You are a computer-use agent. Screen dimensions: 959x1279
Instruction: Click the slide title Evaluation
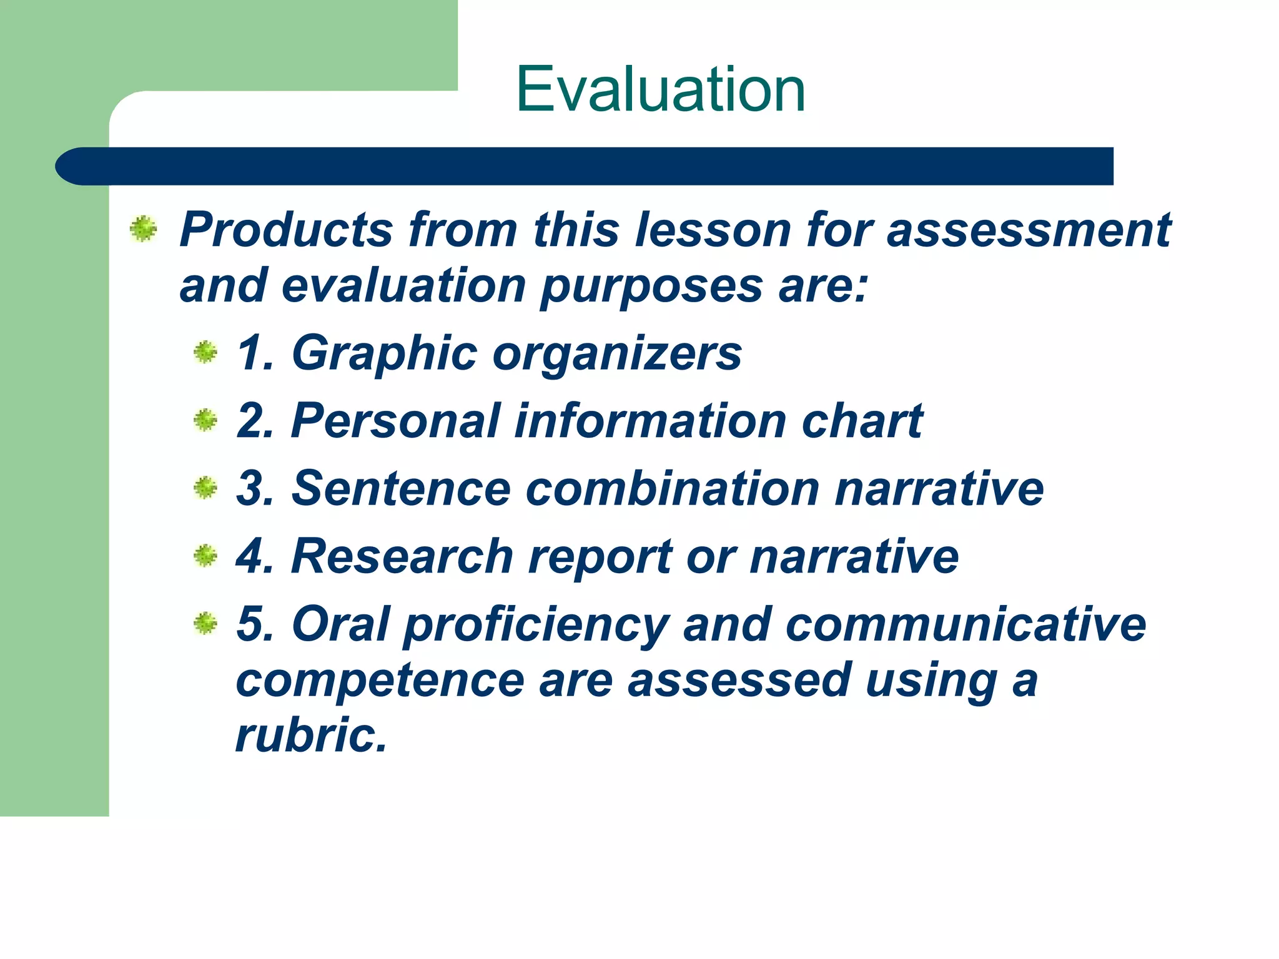(x=660, y=90)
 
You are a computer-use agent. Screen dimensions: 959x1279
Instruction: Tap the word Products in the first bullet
(x=286, y=230)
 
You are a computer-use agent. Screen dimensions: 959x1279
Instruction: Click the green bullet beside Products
(x=143, y=229)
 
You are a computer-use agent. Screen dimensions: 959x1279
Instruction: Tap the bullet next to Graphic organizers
(x=205, y=353)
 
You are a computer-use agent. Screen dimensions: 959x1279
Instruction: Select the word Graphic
(x=384, y=353)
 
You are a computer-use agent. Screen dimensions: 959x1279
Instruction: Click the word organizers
(x=617, y=353)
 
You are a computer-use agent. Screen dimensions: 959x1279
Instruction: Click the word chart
(x=861, y=421)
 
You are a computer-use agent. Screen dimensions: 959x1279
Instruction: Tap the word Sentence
(x=402, y=488)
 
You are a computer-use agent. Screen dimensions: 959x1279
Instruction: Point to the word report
(x=600, y=557)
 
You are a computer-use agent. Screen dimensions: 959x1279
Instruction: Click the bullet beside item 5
(x=205, y=623)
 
